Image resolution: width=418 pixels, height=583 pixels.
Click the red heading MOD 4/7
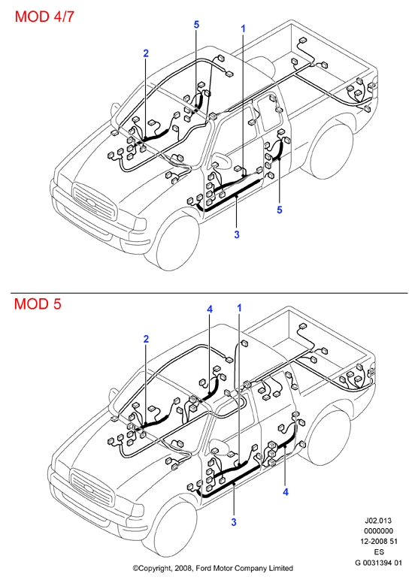[x=44, y=17]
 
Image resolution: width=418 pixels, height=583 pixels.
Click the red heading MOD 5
[x=38, y=304]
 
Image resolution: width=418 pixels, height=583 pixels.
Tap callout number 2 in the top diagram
[x=146, y=53]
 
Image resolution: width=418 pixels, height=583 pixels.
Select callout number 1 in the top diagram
[x=244, y=29]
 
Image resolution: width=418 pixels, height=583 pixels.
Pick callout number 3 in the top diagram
[x=237, y=234]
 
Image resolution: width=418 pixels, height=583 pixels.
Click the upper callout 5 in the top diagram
[x=196, y=25]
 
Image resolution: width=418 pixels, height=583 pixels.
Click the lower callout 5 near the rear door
[x=280, y=210]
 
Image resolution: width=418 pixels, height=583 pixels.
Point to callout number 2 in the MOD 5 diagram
[x=146, y=339]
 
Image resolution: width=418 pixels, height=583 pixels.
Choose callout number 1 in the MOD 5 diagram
[x=239, y=308]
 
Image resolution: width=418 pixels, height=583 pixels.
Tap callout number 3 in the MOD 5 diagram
[x=234, y=522]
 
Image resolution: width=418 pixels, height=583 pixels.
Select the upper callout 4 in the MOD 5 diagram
[x=210, y=310]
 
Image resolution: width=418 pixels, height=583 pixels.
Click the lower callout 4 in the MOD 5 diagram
[x=286, y=492]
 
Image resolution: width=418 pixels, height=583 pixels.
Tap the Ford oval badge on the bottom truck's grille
[x=89, y=489]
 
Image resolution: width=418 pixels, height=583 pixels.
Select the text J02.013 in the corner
[x=378, y=521]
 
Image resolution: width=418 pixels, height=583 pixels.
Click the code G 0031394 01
[x=379, y=563]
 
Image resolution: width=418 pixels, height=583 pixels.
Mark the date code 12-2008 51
[x=379, y=542]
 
